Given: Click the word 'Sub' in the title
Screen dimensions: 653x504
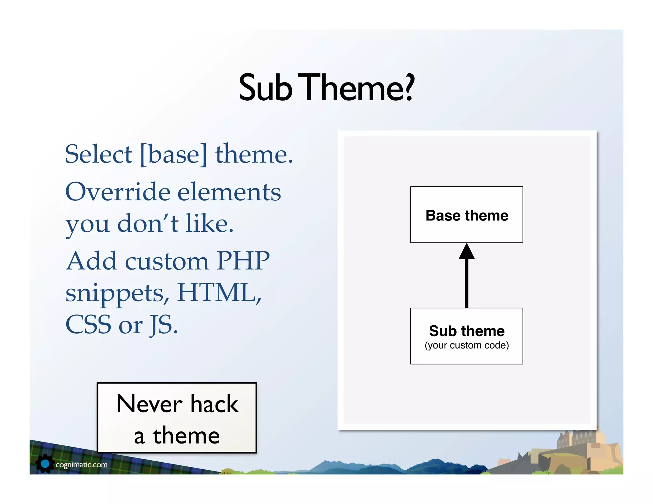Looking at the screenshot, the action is pos(265,88).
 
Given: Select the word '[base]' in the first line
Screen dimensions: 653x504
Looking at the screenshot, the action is pos(173,154).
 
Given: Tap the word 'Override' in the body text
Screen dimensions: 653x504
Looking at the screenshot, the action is pos(118,192).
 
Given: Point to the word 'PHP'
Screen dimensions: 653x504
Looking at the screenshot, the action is pos(243,261).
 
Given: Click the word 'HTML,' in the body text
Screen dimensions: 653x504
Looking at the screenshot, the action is pos(219,292).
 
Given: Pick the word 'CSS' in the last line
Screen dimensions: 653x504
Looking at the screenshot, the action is pos(88,325).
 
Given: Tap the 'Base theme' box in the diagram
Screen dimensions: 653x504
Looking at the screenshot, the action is pos(466,215).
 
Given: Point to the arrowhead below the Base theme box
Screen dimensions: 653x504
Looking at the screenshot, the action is pos(466,252).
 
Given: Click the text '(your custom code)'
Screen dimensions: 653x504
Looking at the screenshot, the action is pos(466,345).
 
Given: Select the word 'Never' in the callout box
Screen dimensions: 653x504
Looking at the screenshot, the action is pos(149,404).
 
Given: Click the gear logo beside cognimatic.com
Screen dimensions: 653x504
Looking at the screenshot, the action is pos(45,464).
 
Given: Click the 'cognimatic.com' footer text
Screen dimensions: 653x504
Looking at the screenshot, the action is pos(82,465).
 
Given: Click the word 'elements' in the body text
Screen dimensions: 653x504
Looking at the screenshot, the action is pos(229,192).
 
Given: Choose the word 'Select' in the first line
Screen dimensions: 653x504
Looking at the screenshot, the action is pos(99,154).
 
